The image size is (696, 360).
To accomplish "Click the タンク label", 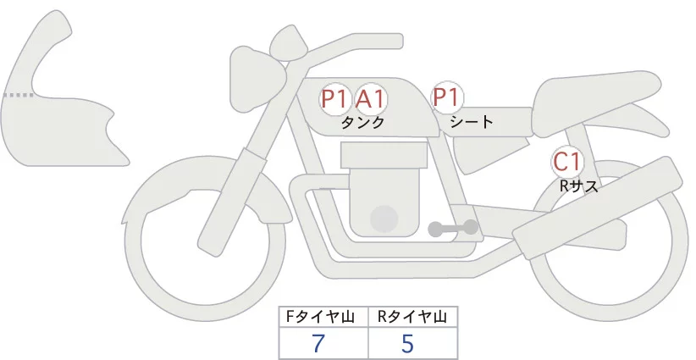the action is click(x=362, y=123).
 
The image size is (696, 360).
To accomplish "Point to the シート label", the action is click(x=472, y=122).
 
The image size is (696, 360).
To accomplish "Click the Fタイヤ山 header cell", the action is click(x=324, y=318).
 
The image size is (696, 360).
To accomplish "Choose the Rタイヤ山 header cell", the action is click(x=412, y=318).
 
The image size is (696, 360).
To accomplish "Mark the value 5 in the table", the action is click(x=407, y=344).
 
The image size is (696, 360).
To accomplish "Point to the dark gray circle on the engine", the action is click(x=385, y=218).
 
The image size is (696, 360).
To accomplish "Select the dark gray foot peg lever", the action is click(x=453, y=228).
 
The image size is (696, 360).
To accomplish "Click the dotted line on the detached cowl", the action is click(x=19, y=95).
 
